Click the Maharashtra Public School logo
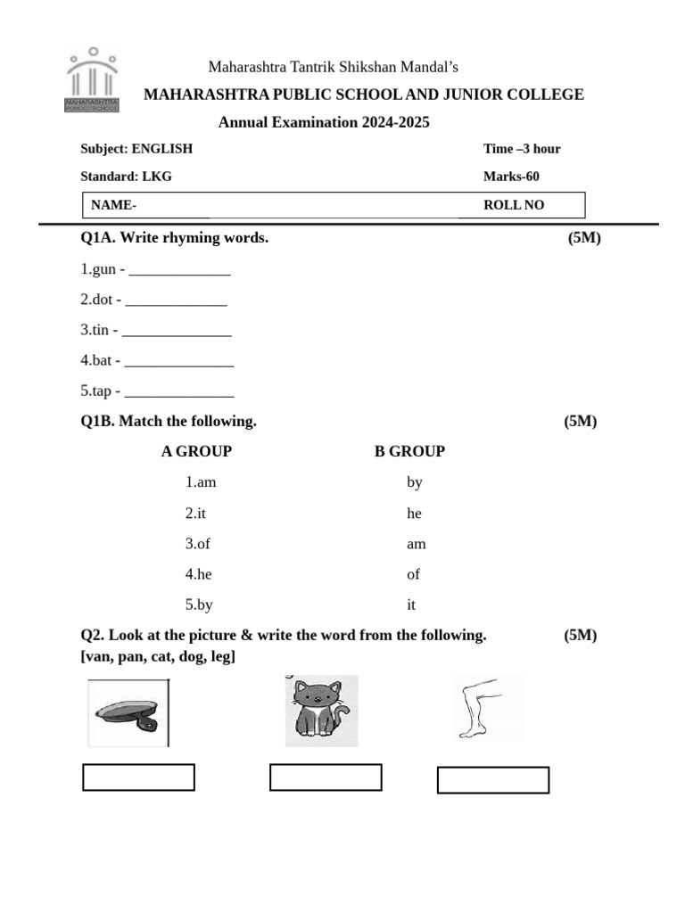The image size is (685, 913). (x=91, y=81)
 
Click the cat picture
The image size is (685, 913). (x=321, y=711)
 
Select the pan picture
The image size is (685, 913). (x=128, y=712)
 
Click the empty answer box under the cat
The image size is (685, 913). (x=326, y=777)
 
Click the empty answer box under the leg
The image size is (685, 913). (x=492, y=779)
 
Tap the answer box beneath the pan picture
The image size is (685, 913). (x=138, y=777)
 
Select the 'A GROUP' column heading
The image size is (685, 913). (x=196, y=451)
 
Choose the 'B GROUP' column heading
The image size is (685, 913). (x=409, y=451)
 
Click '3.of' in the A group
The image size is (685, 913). (x=198, y=543)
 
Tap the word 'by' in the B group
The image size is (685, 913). (x=414, y=482)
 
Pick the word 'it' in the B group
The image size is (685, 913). (x=411, y=605)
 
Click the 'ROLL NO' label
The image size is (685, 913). (x=513, y=205)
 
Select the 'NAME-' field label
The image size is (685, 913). (x=113, y=205)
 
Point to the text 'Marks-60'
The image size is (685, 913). (x=511, y=177)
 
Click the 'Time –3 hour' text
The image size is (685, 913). (x=522, y=149)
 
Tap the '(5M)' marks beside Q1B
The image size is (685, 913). (x=580, y=421)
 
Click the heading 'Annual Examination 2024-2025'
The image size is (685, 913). (x=324, y=122)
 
